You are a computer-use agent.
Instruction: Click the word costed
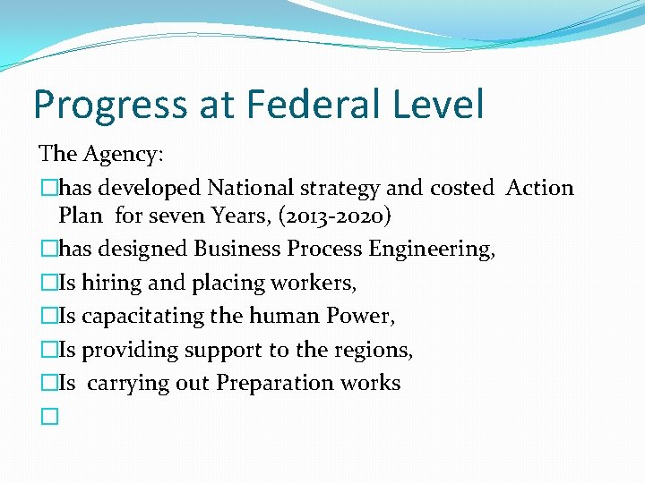(462, 188)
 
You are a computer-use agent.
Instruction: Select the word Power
(365, 316)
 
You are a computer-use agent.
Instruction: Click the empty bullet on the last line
(48, 417)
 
